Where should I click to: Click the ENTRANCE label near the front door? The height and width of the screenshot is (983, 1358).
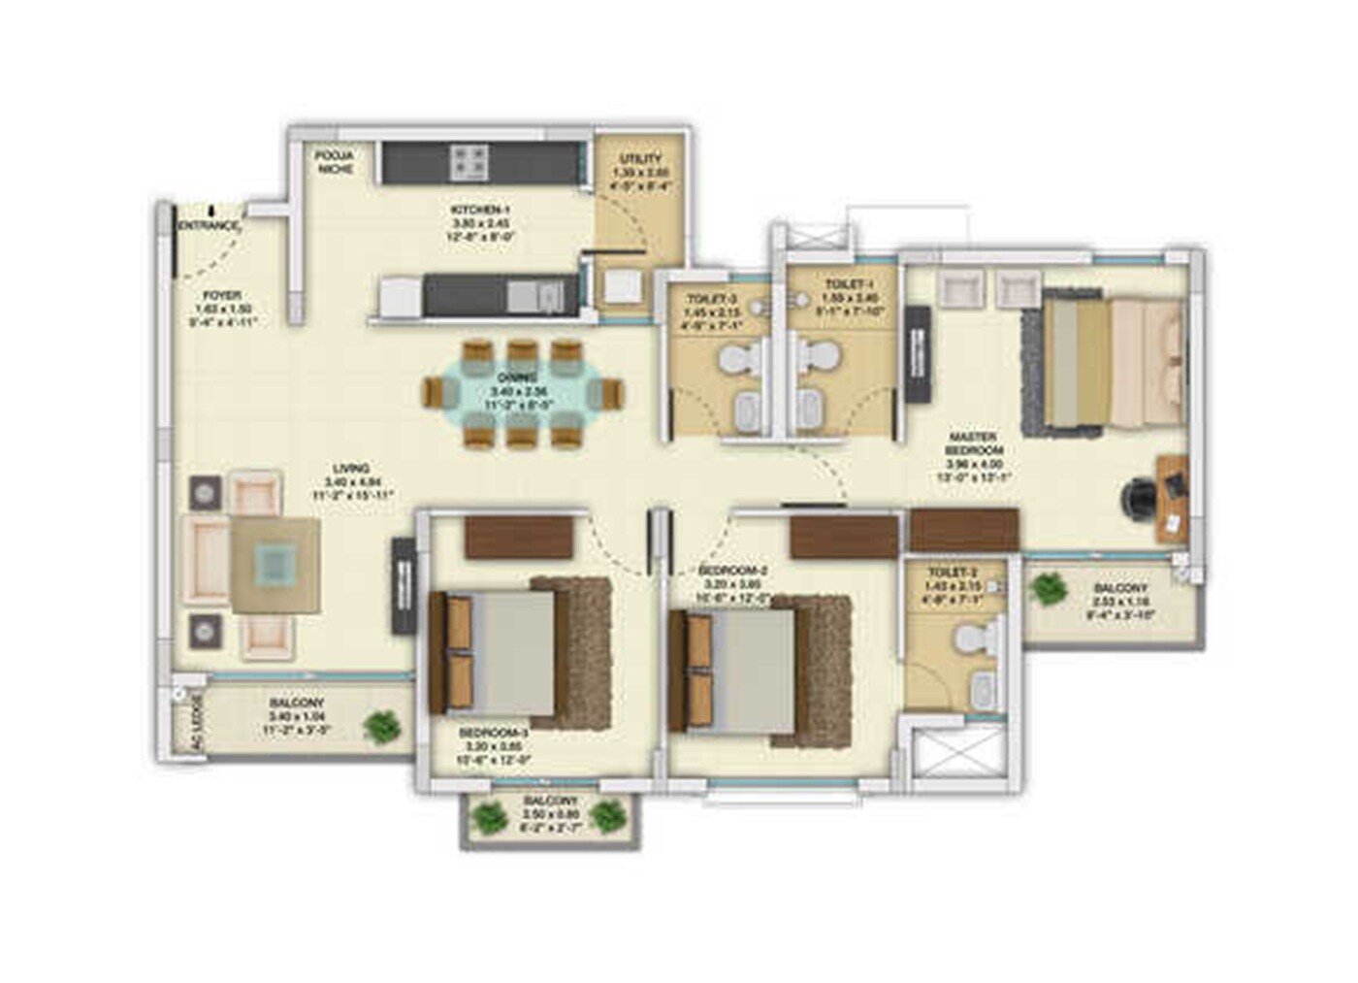pyautogui.click(x=208, y=226)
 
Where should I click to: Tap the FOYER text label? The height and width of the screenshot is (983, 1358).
pyautogui.click(x=222, y=296)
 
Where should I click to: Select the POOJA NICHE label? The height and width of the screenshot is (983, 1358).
pyautogui.click(x=334, y=161)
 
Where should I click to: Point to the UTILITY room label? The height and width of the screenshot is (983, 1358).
pyautogui.click(x=640, y=158)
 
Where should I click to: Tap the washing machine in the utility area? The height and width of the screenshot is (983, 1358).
pyautogui.click(x=623, y=287)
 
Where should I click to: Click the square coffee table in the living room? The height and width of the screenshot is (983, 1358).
pyautogui.click(x=276, y=565)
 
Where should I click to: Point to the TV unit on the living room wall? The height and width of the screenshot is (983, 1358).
pyautogui.click(x=403, y=586)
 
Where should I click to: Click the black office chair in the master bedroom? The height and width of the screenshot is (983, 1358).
pyautogui.click(x=1141, y=499)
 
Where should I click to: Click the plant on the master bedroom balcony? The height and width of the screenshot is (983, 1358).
pyautogui.click(x=1048, y=588)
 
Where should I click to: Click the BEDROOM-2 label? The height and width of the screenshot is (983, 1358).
pyautogui.click(x=733, y=571)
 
